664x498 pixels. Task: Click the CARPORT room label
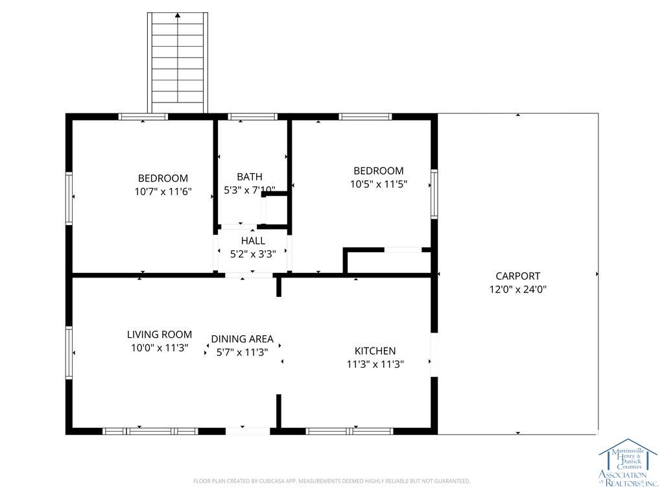tap(517, 276)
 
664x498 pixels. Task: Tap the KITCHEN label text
tap(375, 351)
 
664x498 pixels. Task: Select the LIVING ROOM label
tap(160, 335)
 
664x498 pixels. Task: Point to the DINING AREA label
tap(243, 339)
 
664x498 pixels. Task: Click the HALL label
tap(254, 241)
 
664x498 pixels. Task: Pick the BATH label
tap(250, 176)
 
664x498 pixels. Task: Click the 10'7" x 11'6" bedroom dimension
tap(163, 191)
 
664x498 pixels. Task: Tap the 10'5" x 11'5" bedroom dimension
tap(379, 184)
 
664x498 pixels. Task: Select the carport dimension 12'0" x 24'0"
tap(518, 290)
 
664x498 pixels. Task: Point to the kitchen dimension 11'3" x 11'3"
tap(375, 364)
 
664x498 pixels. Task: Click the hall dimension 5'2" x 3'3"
tap(253, 254)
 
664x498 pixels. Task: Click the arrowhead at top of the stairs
tap(178, 16)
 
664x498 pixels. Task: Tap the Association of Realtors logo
tap(628, 462)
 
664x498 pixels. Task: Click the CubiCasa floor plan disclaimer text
tap(331, 481)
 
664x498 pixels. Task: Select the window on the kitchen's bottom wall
tap(350, 431)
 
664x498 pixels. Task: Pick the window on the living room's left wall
tap(69, 352)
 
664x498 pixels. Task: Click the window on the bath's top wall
tap(252, 117)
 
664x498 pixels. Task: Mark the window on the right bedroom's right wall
tap(434, 194)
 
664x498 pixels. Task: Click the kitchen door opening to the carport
tap(434, 355)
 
